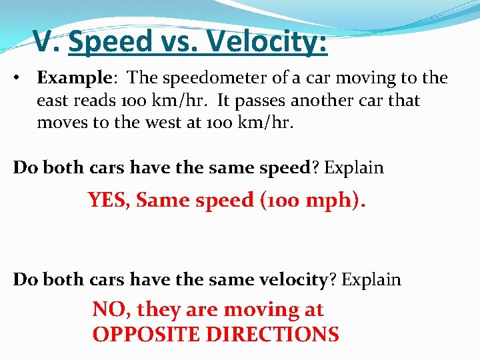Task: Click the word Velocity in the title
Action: click(267, 42)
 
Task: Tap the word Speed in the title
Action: click(111, 42)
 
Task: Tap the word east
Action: click(53, 101)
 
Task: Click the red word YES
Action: click(109, 199)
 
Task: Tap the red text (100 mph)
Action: click(311, 199)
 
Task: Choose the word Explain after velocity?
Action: click(371, 279)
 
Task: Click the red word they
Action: click(157, 309)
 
